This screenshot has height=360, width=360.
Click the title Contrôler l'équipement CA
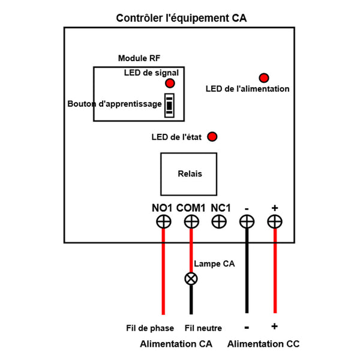coord(181,19)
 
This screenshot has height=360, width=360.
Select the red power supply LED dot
coord(263,78)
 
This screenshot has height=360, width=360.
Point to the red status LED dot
coord(212,137)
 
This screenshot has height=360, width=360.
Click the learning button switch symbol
coord(170,104)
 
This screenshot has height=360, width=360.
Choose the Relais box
coord(190,174)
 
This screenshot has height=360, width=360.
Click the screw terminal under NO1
coord(163,222)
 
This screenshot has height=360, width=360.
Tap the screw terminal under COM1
coord(191,222)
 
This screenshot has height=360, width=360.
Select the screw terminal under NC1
coord(220,222)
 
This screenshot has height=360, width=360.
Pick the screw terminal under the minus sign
coord(247,222)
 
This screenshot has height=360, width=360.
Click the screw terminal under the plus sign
coord(275,222)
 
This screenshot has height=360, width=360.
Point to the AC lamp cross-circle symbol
coord(191,278)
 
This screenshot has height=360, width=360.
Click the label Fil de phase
coord(150,328)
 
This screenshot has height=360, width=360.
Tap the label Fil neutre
coord(203,328)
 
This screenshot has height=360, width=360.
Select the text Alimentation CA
coord(176,344)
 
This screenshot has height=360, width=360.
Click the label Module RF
coord(139,58)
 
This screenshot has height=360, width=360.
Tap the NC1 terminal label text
coord(221,208)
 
